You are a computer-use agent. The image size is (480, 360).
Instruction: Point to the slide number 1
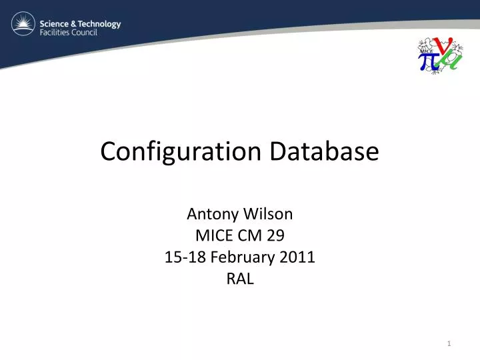450,343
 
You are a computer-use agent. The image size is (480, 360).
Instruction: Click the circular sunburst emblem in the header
23,26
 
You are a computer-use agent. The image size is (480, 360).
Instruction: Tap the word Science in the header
56,23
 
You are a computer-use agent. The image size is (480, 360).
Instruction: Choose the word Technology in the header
99,23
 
